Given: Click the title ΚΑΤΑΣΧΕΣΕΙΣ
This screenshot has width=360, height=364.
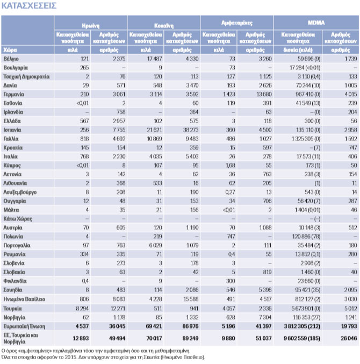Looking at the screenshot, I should [x=29, y=6].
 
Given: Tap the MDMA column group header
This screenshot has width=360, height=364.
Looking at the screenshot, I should [x=315, y=24].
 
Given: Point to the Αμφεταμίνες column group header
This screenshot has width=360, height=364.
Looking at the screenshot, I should [x=236, y=24].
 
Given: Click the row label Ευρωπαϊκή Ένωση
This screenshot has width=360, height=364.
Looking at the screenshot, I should [x=23, y=325].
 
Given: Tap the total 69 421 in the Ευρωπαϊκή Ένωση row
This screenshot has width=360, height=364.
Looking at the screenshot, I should [x=153, y=325].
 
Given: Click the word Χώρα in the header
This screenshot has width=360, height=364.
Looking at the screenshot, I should [x=9, y=48].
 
